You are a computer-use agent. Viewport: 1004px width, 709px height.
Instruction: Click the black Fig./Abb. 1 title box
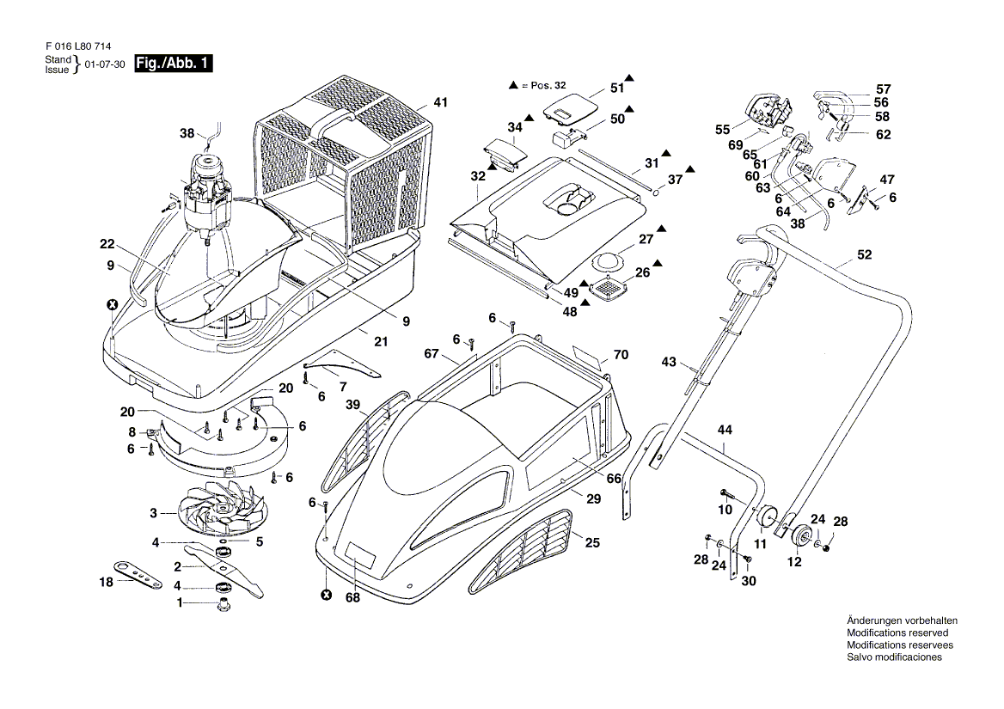pyautogui.click(x=173, y=64)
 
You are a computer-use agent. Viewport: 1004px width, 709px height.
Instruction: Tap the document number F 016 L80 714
pyautogui.click(x=79, y=46)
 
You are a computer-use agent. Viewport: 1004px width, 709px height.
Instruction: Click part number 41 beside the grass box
pyautogui.click(x=440, y=102)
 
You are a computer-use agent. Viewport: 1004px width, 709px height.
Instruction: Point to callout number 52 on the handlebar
pyautogui.click(x=865, y=254)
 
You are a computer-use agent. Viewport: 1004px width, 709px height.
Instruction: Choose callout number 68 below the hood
pyautogui.click(x=352, y=597)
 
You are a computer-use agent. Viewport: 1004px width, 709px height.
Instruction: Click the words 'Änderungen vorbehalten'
pyautogui.click(x=903, y=620)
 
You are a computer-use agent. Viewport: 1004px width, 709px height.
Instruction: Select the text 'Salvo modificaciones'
pyautogui.click(x=895, y=657)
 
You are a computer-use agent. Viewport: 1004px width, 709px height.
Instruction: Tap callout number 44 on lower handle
pyautogui.click(x=724, y=430)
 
